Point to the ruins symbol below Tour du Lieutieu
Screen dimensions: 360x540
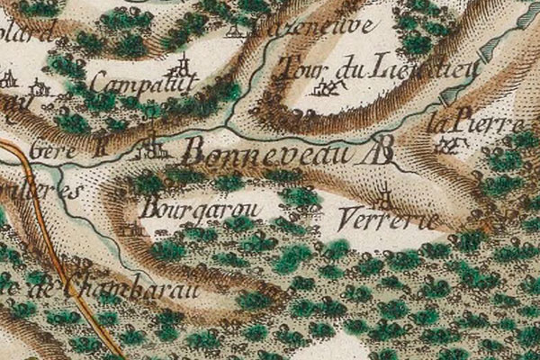[x=331, y=88]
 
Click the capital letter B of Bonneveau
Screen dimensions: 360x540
[x=193, y=150]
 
